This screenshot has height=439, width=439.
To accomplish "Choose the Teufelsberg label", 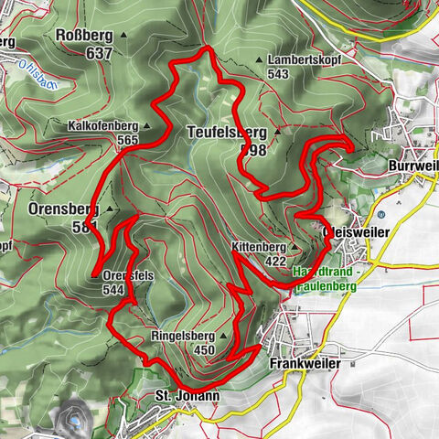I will click(x=227, y=130).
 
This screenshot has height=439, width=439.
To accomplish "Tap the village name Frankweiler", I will click(x=305, y=363).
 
